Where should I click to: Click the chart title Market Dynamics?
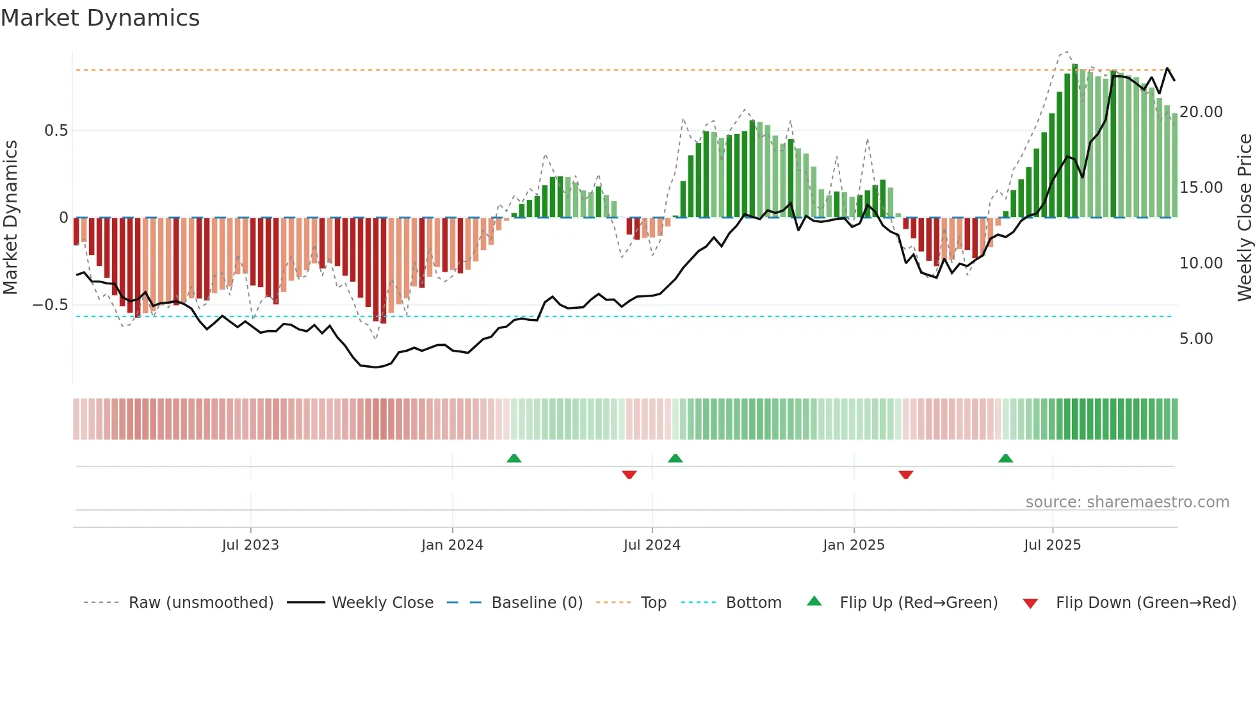[100, 18]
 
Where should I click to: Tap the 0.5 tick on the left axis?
[56, 131]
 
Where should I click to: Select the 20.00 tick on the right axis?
[1201, 112]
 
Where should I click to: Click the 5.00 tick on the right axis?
[1195, 339]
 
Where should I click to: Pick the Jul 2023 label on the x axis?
[250, 545]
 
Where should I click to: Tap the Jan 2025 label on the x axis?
[854, 545]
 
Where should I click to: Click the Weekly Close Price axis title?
[1244, 217]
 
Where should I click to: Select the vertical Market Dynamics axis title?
[10, 217]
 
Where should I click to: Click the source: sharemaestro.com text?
[1127, 502]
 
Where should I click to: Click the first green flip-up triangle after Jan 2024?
[514, 458]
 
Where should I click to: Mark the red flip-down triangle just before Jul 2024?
[629, 475]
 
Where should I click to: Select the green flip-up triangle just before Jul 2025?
[1005, 458]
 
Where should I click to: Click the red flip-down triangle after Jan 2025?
[905, 475]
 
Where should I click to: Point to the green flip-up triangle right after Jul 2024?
[675, 458]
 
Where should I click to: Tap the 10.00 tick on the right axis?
[1201, 263]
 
